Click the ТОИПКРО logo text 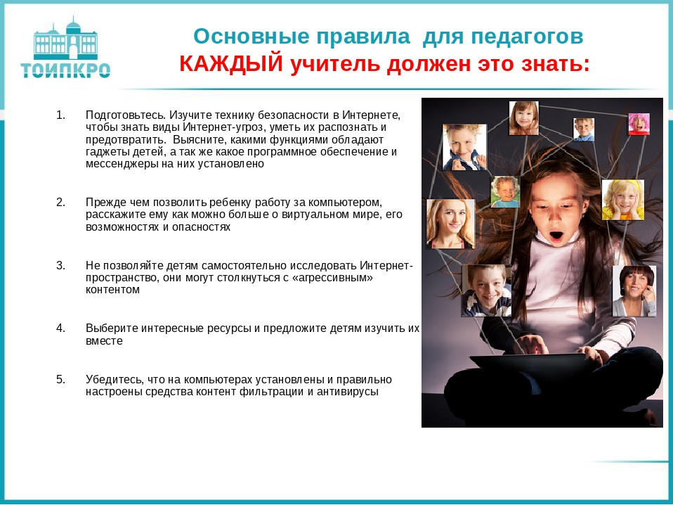65,70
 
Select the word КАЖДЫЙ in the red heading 231,64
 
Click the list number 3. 60,265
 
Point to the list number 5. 60,379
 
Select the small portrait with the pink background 639,124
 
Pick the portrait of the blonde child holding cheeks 622,199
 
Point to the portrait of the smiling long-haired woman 450,223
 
